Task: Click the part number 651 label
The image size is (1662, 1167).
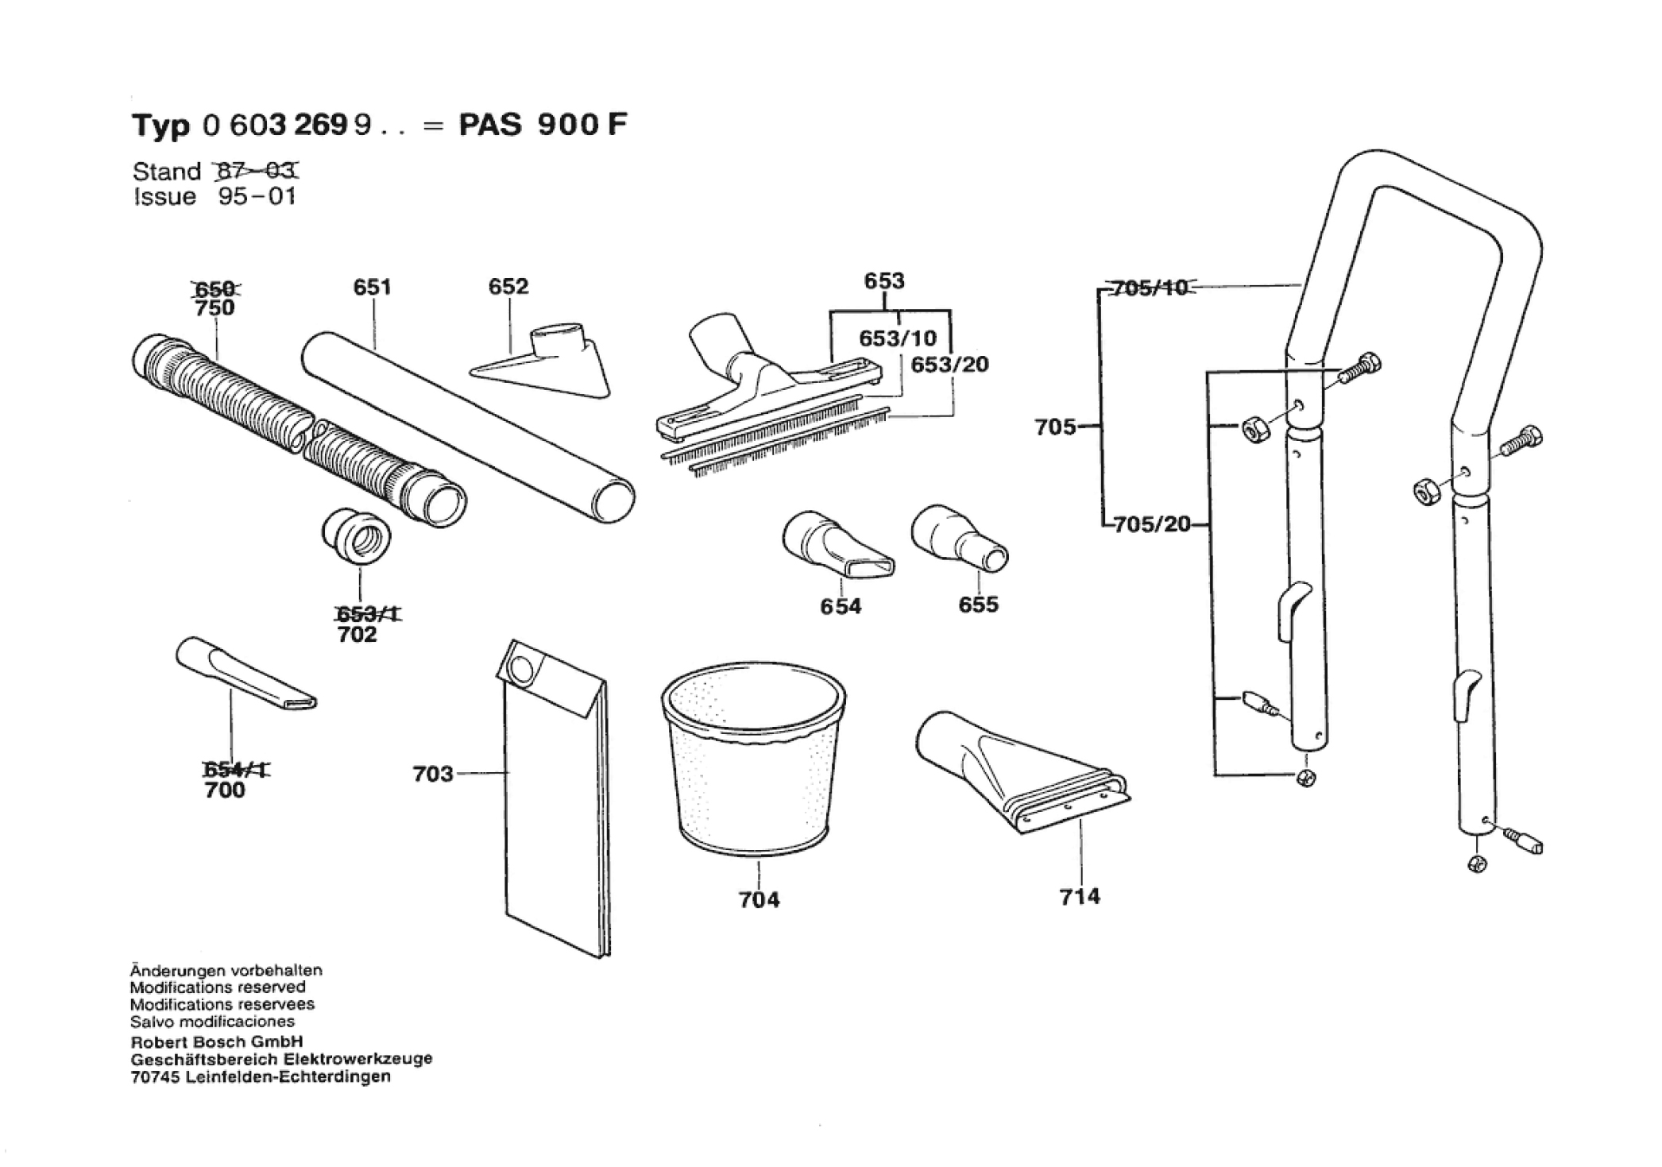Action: click(372, 287)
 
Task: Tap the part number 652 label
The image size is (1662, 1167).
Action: click(508, 286)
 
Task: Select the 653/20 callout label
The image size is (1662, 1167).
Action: click(949, 365)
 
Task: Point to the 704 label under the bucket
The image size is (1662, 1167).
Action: click(759, 899)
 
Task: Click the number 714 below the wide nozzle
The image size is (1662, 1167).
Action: click(1080, 896)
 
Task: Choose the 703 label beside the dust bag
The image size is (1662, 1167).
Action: click(432, 773)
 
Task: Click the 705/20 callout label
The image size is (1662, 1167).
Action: click(1152, 524)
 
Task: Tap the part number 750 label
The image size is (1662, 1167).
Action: click(215, 307)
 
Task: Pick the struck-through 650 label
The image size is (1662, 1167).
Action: click(215, 288)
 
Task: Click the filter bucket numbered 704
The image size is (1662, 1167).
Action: click(753, 763)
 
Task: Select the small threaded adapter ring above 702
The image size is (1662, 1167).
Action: click(356, 537)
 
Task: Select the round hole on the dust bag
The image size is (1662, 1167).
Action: click(522, 669)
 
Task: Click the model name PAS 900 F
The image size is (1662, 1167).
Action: click(543, 125)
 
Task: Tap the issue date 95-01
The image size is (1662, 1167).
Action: click(257, 196)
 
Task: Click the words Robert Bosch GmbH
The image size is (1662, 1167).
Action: click(216, 1041)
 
